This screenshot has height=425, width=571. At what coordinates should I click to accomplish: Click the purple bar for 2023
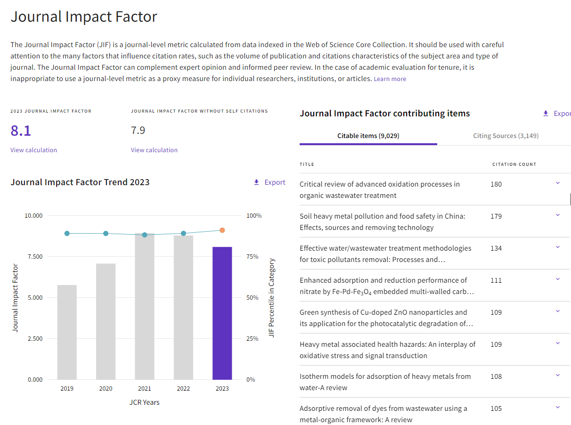222,313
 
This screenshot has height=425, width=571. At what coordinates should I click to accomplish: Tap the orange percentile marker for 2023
222,230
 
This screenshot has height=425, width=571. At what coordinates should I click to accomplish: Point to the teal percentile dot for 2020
106,234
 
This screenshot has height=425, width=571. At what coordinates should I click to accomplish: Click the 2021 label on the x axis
144,389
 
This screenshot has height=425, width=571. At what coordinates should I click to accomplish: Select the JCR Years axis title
144,402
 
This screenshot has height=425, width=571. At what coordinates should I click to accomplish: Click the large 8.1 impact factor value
21,131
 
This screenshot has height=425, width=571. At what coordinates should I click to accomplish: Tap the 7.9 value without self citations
138,131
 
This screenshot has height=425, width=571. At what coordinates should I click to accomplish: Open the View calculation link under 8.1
33,150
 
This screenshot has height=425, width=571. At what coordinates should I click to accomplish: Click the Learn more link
390,79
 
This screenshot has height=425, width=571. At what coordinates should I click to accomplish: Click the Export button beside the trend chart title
269,182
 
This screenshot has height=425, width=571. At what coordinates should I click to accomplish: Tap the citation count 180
496,184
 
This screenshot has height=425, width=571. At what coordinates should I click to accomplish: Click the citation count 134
496,248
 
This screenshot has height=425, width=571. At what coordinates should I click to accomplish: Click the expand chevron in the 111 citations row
558,279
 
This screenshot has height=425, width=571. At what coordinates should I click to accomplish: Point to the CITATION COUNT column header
514,164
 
